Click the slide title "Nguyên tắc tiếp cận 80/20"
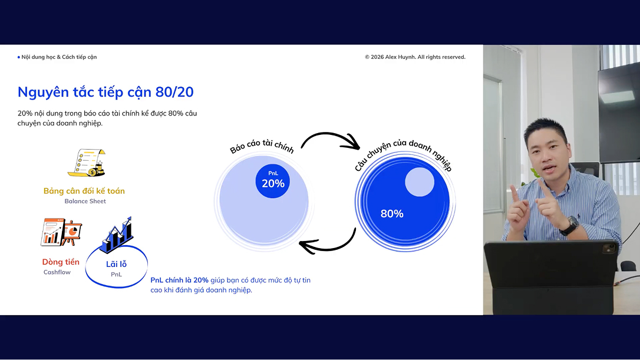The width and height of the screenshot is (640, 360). click(x=105, y=93)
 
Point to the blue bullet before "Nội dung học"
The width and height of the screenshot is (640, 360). click(x=19, y=57)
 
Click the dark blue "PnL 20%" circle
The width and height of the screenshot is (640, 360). click(x=273, y=181)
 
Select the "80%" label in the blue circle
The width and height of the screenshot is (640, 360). click(x=392, y=213)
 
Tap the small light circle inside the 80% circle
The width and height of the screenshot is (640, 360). click(x=420, y=182)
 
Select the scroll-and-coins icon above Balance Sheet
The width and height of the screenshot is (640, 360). click(x=87, y=163)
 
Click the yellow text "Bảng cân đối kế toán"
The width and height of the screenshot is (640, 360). click(x=84, y=191)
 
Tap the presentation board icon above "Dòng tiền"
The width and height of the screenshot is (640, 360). click(x=61, y=232)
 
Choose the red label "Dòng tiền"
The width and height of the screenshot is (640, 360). click(x=61, y=262)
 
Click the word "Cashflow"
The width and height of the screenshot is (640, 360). click(x=57, y=272)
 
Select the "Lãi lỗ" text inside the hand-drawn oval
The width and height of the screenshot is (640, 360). click(x=116, y=265)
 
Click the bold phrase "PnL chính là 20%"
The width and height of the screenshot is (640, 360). click(x=180, y=280)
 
